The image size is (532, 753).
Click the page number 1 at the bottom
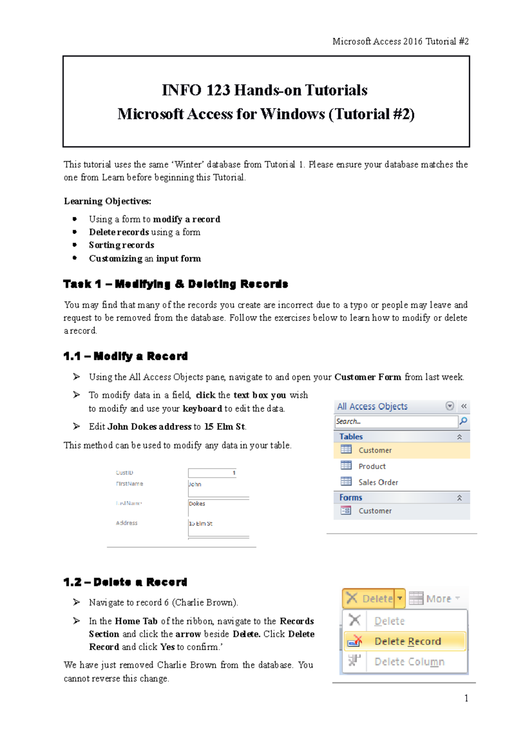pyautogui.click(x=466, y=698)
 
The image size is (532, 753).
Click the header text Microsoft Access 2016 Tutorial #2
pyautogui.click(x=400, y=41)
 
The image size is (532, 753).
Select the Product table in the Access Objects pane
pyautogui.click(x=372, y=466)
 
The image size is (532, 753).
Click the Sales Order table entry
pyautogui.click(x=378, y=482)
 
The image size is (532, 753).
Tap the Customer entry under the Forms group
pyautogui.click(x=375, y=511)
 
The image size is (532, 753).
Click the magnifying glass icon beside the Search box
pyautogui.click(x=463, y=421)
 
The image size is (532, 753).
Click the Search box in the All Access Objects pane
pyautogui.click(x=395, y=421)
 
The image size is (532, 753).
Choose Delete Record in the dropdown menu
pyautogui.click(x=407, y=641)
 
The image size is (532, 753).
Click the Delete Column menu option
pyautogui.click(x=409, y=662)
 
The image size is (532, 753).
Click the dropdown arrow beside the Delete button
pyautogui.click(x=400, y=598)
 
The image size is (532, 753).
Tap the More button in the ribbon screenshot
pyautogui.click(x=434, y=599)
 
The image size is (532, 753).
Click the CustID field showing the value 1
pyautogui.click(x=212, y=473)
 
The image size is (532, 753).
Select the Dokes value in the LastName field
pyautogui.click(x=197, y=504)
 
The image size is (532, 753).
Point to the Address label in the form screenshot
pyautogui.click(x=127, y=523)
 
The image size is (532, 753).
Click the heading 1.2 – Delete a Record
pyautogui.click(x=125, y=582)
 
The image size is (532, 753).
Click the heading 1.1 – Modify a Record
pyautogui.click(x=125, y=356)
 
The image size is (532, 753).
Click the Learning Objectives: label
pyautogui.click(x=107, y=201)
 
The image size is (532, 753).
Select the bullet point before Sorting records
pyautogui.click(x=75, y=245)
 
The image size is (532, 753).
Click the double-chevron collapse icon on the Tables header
pyautogui.click(x=459, y=437)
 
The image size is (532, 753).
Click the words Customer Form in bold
pyautogui.click(x=368, y=377)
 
